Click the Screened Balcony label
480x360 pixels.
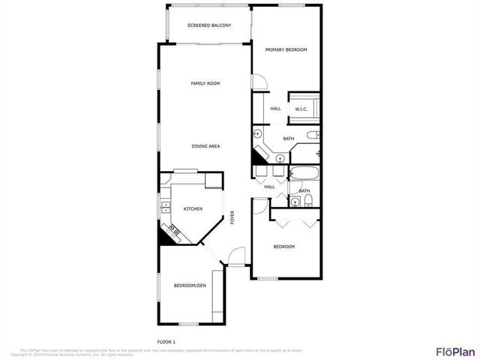point(209,25)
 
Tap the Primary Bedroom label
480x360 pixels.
point(286,49)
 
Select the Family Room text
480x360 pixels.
point(205,83)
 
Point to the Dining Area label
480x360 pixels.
point(205,146)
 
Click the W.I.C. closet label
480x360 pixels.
point(301,109)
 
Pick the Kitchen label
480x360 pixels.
point(193,208)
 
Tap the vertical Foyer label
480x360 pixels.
point(232,217)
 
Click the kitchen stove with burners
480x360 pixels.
point(173,230)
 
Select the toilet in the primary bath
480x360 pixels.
point(313,136)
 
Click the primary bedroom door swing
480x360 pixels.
point(257,83)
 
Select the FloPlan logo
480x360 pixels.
point(455,351)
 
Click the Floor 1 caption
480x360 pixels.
point(166,341)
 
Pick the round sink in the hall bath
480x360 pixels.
point(279,158)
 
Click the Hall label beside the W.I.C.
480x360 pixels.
point(275,109)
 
